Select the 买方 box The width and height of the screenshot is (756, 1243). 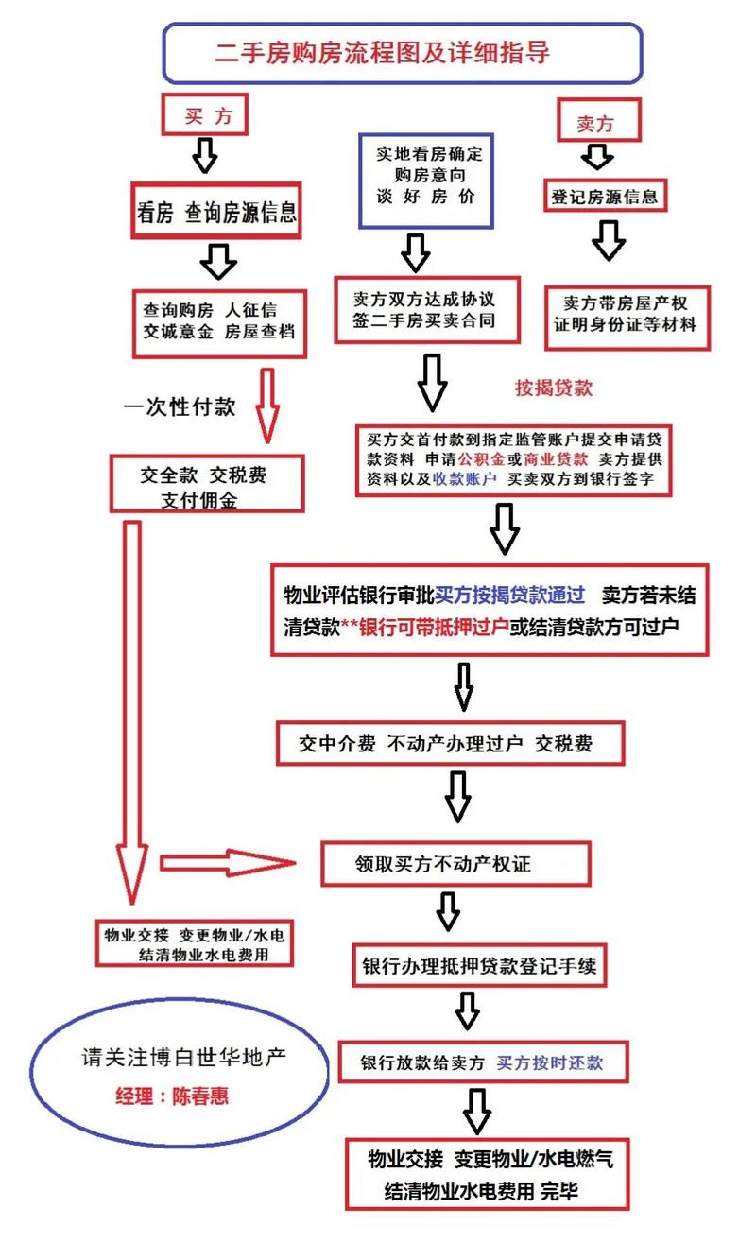tap(205, 117)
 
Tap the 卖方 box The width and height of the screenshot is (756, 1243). tap(595, 123)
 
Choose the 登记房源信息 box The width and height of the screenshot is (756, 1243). tap(605, 198)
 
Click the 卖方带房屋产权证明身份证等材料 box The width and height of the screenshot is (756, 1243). tap(626, 314)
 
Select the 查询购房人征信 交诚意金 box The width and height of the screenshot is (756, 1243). tap(219, 320)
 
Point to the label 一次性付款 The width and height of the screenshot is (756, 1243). tap(180, 407)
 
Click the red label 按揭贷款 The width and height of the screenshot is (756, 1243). tap(554, 388)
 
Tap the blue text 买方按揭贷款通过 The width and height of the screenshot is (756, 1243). tap(510, 596)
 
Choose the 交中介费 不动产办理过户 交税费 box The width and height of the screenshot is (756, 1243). tap(449, 744)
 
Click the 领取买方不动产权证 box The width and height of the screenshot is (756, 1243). tap(455, 863)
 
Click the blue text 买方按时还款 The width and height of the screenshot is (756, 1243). tap(550, 1062)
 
